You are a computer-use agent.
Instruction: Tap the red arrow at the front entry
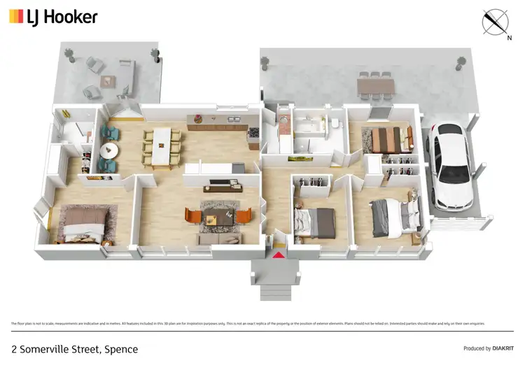pyautogui.click(x=279, y=255)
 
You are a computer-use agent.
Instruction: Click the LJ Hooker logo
pyautogui.click(x=53, y=17)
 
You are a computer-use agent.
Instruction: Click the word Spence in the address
pyautogui.click(x=121, y=349)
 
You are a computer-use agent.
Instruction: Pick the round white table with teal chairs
pyautogui.click(x=109, y=150)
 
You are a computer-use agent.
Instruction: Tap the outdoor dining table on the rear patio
pyautogui.click(x=375, y=86)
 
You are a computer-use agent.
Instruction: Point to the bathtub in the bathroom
pyautogui.click(x=306, y=144)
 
